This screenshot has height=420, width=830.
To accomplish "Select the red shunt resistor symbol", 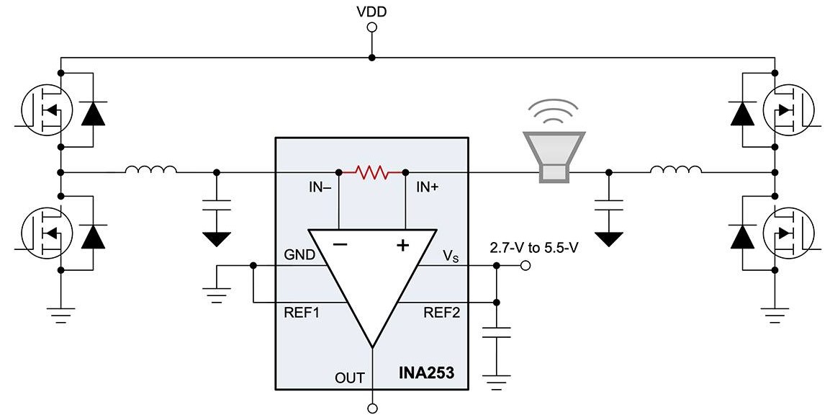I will point(373,172).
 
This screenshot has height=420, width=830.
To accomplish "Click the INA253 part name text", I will point(426,375).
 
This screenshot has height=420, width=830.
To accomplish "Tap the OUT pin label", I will point(350,377).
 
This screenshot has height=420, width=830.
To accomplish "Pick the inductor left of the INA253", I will point(150,171).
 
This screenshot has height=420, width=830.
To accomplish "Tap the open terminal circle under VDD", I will point(371,28).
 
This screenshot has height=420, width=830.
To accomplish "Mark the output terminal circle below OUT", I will point(373,408).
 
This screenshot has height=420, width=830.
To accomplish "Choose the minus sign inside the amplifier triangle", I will point(340,245).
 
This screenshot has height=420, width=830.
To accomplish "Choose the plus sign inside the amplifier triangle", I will point(402,245).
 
